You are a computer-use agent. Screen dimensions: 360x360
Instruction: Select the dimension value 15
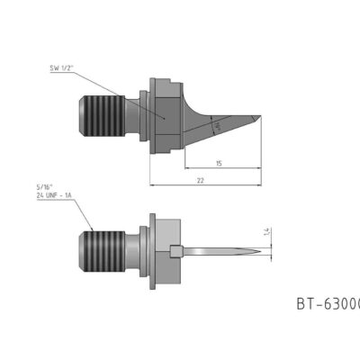(x=219, y=163)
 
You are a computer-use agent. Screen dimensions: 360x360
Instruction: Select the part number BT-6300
(x=327, y=303)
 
